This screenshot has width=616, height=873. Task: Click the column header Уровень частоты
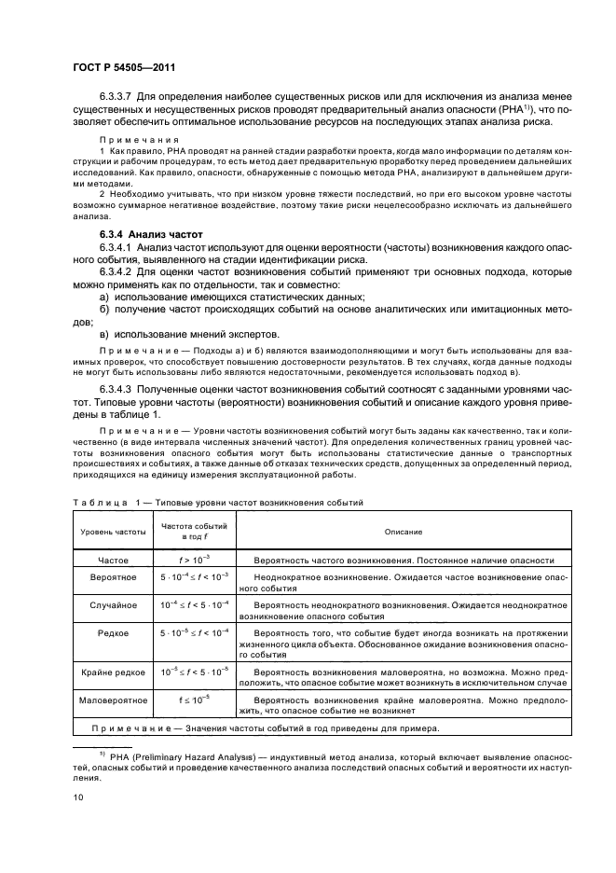tap(104, 532)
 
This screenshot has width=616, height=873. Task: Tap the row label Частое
tap(104, 560)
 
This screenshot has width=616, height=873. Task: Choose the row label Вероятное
tap(104, 578)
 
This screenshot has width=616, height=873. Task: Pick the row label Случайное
tap(104, 604)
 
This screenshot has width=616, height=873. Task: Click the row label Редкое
tap(104, 631)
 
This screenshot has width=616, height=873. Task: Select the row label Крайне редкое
tap(104, 671)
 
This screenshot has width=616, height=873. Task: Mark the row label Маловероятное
tap(104, 697)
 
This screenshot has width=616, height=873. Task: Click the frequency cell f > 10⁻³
tap(196, 560)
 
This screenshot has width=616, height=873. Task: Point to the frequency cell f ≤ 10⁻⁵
tap(196, 697)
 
